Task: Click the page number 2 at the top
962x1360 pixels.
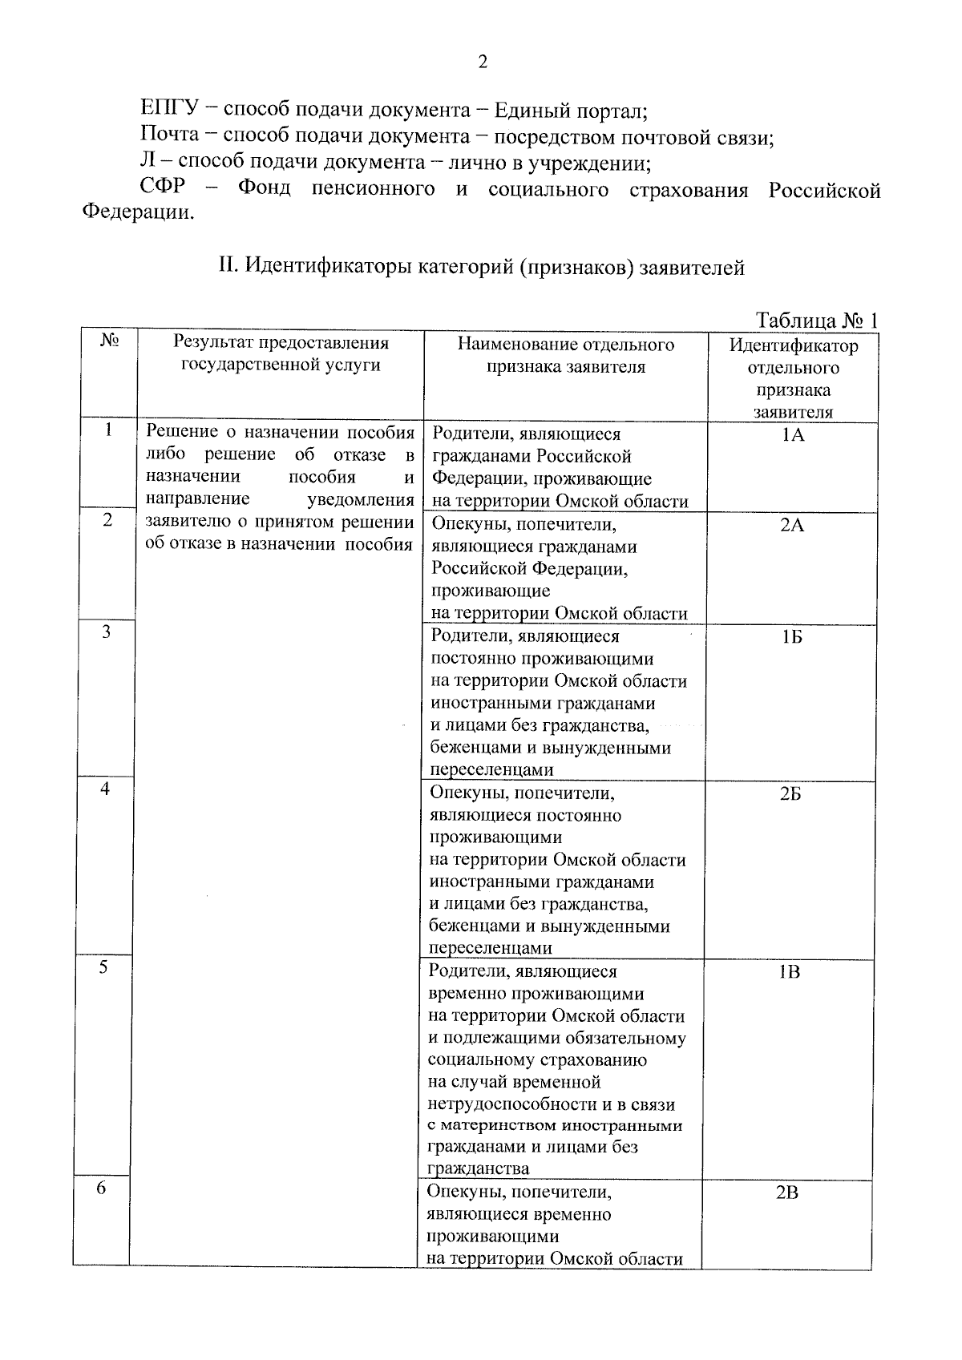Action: tap(482, 63)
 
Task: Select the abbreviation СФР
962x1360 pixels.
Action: tap(162, 189)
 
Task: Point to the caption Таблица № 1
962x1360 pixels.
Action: tap(817, 321)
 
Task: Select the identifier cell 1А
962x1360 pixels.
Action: tap(792, 435)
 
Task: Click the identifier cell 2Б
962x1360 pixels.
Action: tap(790, 794)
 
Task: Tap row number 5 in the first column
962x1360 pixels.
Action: tap(103, 967)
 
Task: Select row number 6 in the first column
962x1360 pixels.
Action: tap(101, 1188)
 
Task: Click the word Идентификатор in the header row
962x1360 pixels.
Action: tap(793, 346)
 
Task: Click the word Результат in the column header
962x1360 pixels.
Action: tap(212, 343)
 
